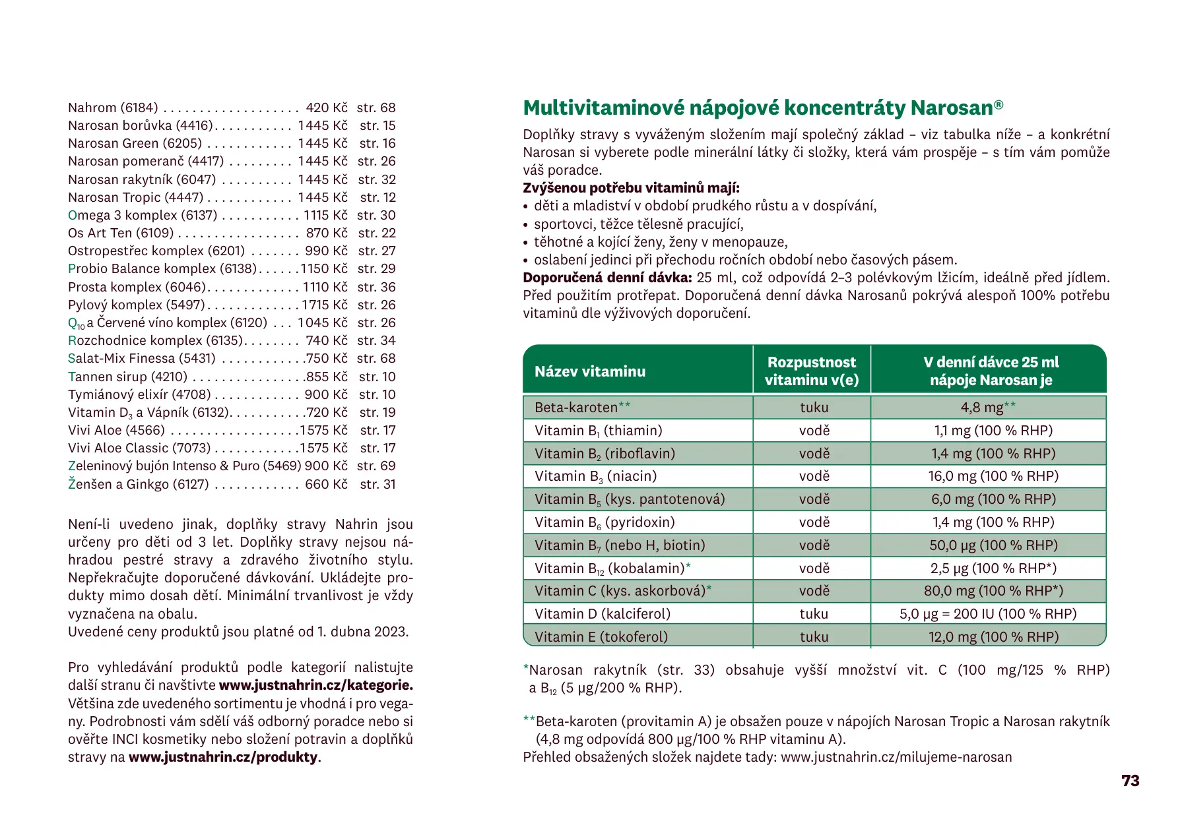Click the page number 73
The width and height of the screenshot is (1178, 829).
tap(1130, 781)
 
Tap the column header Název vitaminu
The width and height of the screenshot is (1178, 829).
tap(590, 371)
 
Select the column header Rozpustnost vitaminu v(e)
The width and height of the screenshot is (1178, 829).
tap(811, 371)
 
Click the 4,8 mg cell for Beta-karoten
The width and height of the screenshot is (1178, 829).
tap(987, 408)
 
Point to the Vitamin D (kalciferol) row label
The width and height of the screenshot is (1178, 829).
tap(602, 614)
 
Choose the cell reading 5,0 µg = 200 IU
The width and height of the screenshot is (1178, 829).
tap(987, 614)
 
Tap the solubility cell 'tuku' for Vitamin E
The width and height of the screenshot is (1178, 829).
tap(813, 637)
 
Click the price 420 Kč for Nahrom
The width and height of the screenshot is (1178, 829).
tap(326, 107)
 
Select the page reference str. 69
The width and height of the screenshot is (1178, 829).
tap(376, 466)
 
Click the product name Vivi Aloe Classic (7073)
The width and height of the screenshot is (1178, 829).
tap(139, 448)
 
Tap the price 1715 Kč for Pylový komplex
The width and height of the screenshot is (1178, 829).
tap(324, 305)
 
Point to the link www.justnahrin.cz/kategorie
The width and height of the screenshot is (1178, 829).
tap(315, 685)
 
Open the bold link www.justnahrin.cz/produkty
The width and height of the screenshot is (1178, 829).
tap(223, 757)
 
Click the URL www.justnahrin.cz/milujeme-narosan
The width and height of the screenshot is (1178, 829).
tap(896, 757)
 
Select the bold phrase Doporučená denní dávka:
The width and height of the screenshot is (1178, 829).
tap(607, 278)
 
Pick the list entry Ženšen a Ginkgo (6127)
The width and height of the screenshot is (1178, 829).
tap(138, 484)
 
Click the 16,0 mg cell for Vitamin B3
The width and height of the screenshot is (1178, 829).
tap(993, 476)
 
